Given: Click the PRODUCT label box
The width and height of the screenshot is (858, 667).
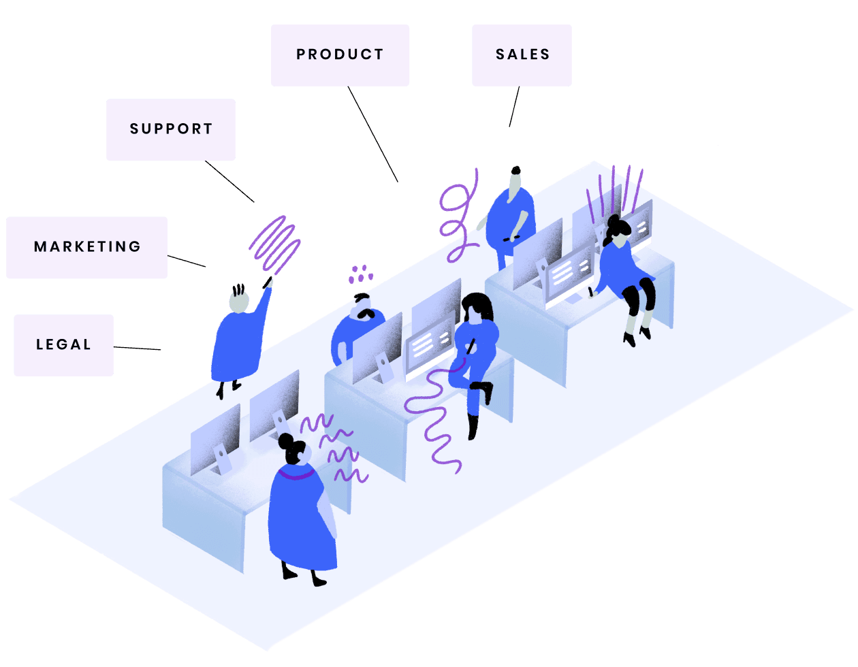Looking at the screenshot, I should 340,55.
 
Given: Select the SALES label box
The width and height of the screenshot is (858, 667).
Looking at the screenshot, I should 522,55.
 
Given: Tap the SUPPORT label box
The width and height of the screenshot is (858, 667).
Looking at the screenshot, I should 171,129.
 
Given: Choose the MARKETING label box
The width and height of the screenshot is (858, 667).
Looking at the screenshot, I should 86,247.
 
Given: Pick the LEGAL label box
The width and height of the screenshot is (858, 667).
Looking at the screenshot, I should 63,345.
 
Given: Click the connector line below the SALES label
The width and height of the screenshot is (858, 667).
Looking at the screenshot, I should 514,107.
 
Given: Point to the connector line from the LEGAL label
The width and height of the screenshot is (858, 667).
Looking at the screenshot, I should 138,348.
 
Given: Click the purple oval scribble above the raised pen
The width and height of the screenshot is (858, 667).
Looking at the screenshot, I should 274,243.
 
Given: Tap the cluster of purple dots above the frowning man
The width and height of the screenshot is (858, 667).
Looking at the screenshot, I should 360,274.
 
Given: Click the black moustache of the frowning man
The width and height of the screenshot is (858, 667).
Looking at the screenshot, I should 366,313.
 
